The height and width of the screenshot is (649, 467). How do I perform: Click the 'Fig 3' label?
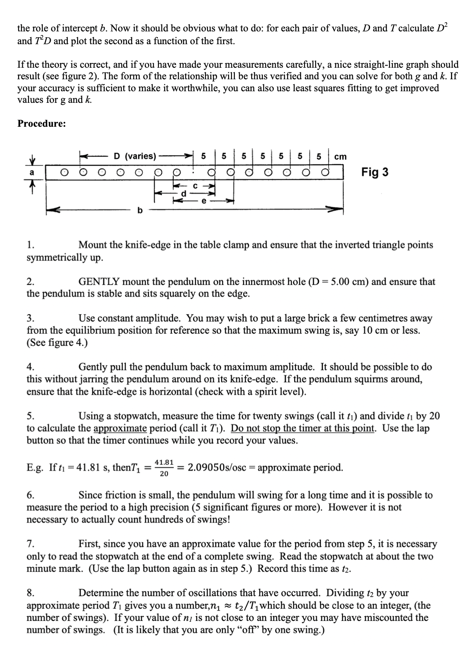pos(375,172)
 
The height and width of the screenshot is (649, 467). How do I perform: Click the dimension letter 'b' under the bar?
pos(139,210)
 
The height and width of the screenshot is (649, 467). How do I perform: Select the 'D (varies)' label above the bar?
pos(135,156)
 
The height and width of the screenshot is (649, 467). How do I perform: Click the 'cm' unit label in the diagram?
pos(340,157)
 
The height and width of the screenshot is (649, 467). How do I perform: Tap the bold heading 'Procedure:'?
pos(41,124)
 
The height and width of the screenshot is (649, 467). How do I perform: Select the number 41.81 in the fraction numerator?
pos(164,462)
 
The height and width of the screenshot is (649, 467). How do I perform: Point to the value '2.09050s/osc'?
pos(217,468)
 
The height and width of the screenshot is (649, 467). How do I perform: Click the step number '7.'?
pos(31,544)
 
